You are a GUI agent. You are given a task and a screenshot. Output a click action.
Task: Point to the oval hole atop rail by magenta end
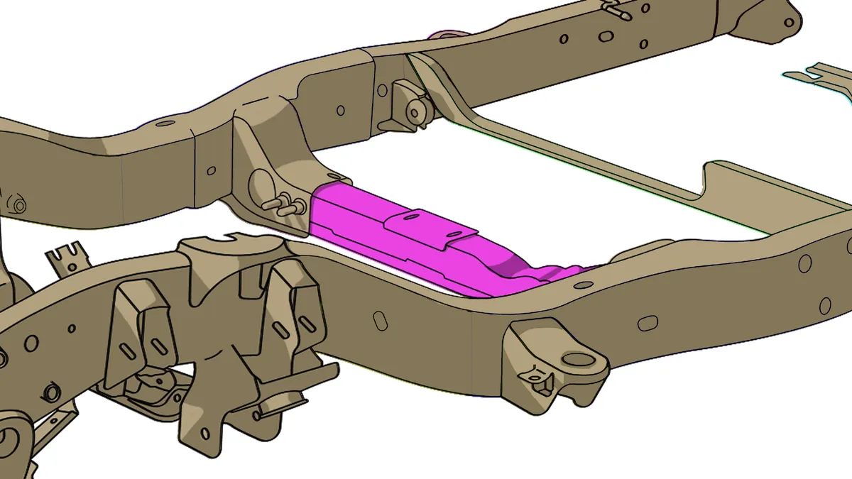pos(584,285)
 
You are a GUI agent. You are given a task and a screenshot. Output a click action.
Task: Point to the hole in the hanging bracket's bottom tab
pos(205,433)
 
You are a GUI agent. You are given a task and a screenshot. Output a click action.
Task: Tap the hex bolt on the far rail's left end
pos(17,206)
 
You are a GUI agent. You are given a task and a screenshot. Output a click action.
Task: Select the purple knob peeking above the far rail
pos(445,34)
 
